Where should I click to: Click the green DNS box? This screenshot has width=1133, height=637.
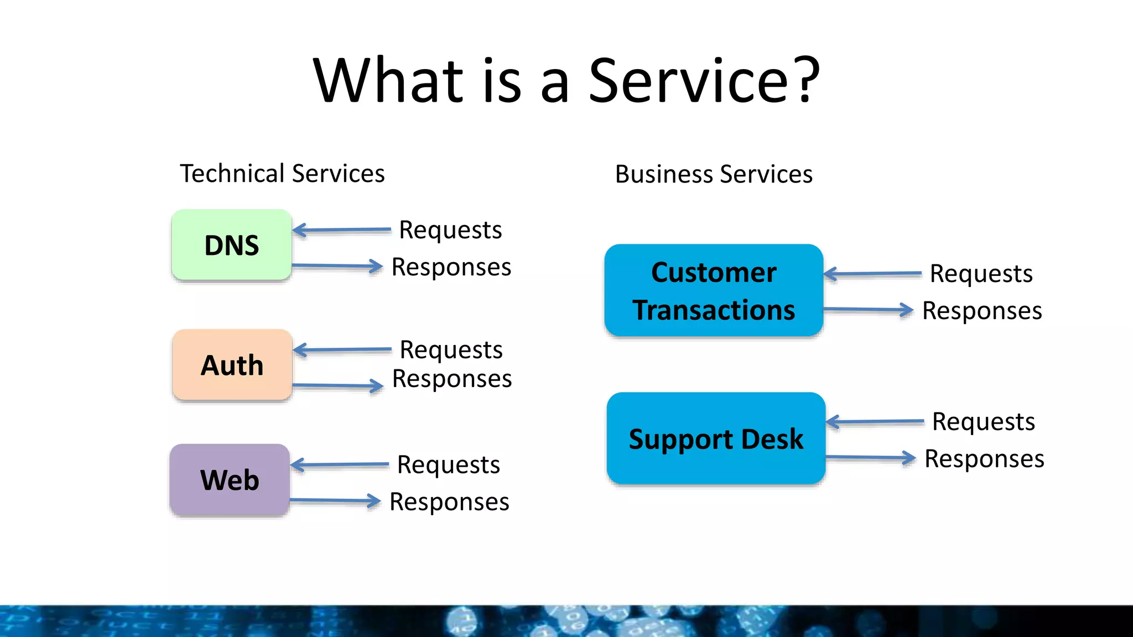pyautogui.click(x=231, y=245)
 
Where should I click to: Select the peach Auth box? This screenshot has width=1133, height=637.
pyautogui.click(x=232, y=365)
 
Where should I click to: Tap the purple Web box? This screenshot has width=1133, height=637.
pyautogui.click(x=230, y=480)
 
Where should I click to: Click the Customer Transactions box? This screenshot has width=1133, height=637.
pyautogui.click(x=714, y=290)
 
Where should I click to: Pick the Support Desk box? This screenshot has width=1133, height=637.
pyautogui.click(x=716, y=439)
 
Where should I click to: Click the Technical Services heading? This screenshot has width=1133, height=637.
pyautogui.click(x=282, y=174)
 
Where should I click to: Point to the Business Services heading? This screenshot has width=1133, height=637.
pyautogui.click(x=714, y=174)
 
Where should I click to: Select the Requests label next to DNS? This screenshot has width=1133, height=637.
pyautogui.click(x=450, y=230)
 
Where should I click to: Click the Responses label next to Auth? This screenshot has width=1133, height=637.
pyautogui.click(x=452, y=379)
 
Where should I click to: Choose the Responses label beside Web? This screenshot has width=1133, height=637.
pyautogui.click(x=449, y=502)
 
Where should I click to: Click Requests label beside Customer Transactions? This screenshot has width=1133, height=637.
pyautogui.click(x=981, y=274)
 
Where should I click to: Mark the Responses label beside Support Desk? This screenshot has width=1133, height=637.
pyautogui.click(x=984, y=459)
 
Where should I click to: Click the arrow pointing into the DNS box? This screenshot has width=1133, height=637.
pyautogui.click(x=341, y=230)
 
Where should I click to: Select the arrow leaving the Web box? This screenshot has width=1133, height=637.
pyautogui.click(x=335, y=501)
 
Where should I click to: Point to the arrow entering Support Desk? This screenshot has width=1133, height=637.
pyautogui.click(x=875, y=422)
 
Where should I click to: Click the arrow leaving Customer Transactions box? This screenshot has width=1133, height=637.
pyautogui.click(x=868, y=310)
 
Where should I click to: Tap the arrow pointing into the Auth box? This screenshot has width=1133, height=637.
pyautogui.click(x=342, y=350)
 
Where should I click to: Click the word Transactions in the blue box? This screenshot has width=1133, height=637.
pyautogui.click(x=714, y=310)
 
